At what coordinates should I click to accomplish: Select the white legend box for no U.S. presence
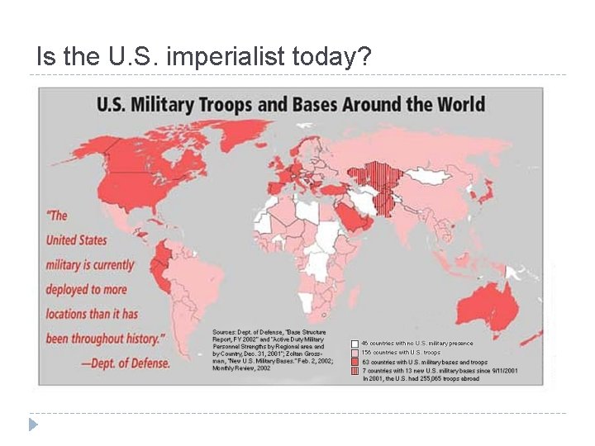355,343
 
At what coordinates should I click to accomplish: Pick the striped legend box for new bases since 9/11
355,372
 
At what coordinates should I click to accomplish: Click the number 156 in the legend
368,353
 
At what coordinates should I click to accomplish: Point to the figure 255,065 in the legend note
445,380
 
